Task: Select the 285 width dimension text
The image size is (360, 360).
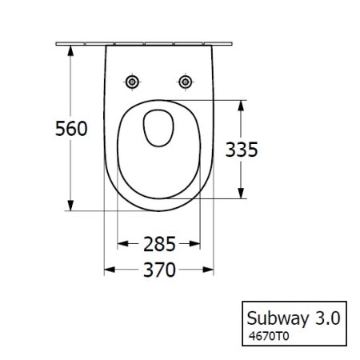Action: [159, 242]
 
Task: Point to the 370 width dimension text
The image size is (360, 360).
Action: [159, 270]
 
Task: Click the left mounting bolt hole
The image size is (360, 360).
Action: [133, 82]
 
